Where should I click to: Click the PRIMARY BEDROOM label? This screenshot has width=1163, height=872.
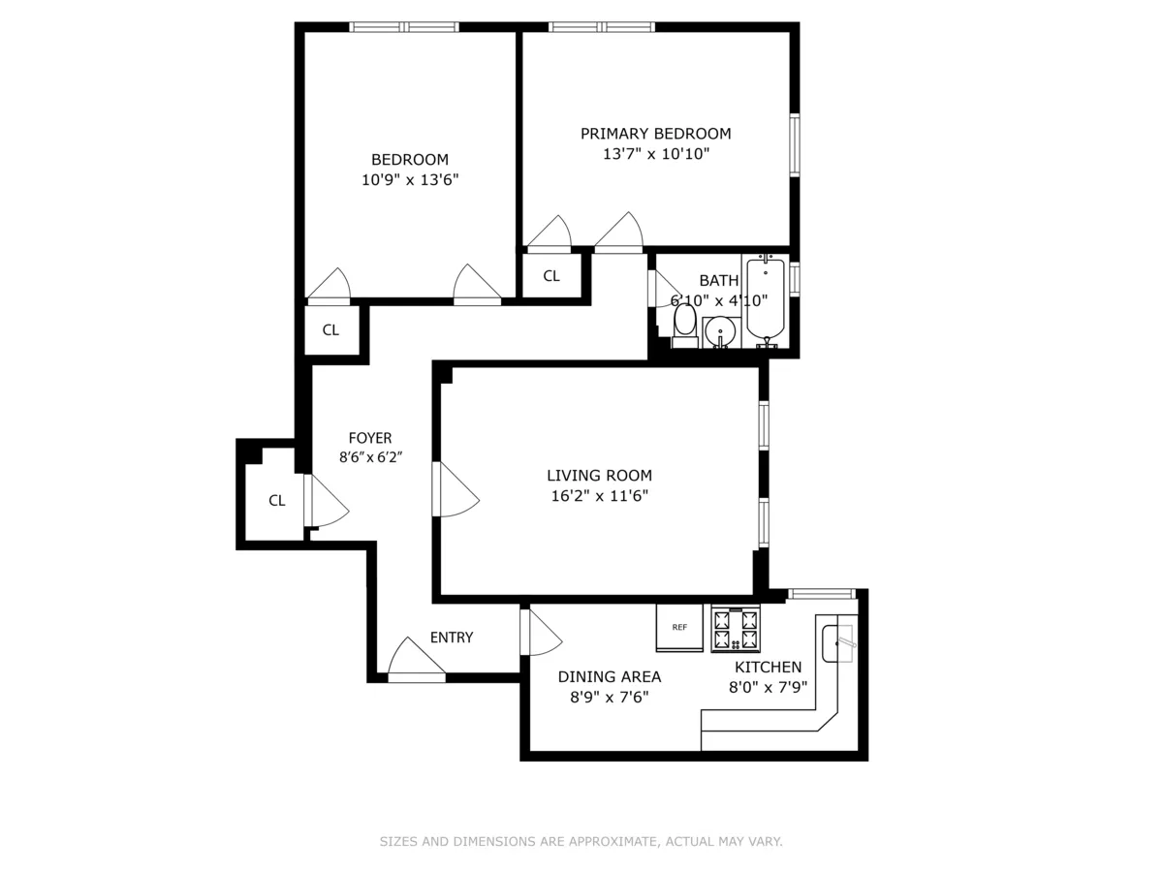(x=655, y=134)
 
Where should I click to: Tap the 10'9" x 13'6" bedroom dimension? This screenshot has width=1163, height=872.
(x=410, y=179)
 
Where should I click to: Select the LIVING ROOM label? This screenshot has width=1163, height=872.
(x=599, y=476)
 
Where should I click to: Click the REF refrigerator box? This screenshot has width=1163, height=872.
(x=679, y=627)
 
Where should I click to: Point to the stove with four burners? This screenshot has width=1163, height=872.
(x=736, y=629)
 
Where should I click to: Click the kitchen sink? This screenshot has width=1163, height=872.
(x=839, y=642)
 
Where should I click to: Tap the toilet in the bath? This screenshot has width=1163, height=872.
(x=684, y=326)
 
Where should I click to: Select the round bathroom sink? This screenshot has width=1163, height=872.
(x=720, y=332)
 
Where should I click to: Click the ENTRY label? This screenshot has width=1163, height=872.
(x=452, y=638)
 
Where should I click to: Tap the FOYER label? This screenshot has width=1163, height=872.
(x=370, y=439)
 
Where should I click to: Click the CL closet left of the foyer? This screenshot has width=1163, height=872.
(x=276, y=501)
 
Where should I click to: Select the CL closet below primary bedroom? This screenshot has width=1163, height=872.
(x=551, y=276)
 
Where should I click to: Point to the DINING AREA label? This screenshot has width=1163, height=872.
(x=610, y=677)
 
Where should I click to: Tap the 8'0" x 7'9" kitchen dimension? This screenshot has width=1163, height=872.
(x=769, y=687)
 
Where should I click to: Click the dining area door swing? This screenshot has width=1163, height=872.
(x=541, y=632)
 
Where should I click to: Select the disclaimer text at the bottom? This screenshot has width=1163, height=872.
(x=581, y=842)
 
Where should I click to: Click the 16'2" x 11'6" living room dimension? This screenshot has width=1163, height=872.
(x=599, y=496)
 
